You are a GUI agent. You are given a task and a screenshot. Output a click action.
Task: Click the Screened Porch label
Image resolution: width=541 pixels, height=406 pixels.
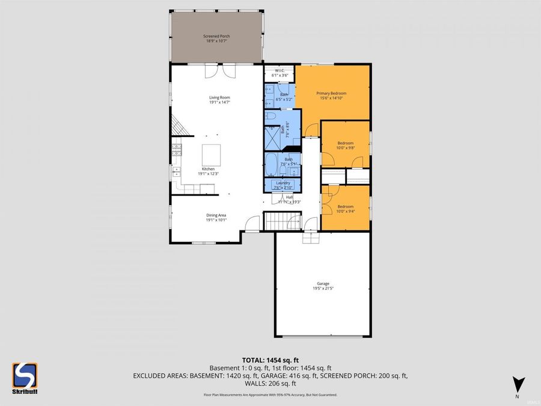point(216,38)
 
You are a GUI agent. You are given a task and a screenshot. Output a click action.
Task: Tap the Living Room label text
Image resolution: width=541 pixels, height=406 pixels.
point(219,100)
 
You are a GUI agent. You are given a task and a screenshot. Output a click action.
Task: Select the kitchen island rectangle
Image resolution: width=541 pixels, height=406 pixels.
point(211,155)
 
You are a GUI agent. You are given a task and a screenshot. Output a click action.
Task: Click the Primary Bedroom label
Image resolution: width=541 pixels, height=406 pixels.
point(331,96)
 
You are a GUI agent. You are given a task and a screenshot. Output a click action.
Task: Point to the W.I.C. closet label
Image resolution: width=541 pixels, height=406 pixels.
point(281,73)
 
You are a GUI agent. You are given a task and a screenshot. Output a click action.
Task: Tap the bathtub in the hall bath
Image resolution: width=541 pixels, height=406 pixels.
point(272,163)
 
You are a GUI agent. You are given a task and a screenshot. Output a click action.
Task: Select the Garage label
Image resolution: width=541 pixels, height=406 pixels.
point(323,286)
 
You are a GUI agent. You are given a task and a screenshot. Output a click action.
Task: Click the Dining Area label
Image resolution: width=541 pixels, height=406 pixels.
point(216,217)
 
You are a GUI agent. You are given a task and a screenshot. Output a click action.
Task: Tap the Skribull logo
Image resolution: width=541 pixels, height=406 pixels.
point(25,378)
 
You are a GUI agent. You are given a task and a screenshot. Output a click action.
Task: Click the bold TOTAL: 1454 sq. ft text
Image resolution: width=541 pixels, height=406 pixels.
point(270,360)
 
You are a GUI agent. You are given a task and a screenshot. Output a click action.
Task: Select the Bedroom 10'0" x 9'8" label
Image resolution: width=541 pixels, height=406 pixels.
point(345,145)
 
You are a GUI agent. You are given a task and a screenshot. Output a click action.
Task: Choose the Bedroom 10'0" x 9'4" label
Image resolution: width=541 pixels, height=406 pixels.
point(345,209)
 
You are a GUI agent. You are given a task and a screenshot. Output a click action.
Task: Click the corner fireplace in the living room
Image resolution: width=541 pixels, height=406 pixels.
point(179,127)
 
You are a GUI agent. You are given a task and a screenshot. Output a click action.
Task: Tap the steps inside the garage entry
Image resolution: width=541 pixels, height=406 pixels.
point(311,238)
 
